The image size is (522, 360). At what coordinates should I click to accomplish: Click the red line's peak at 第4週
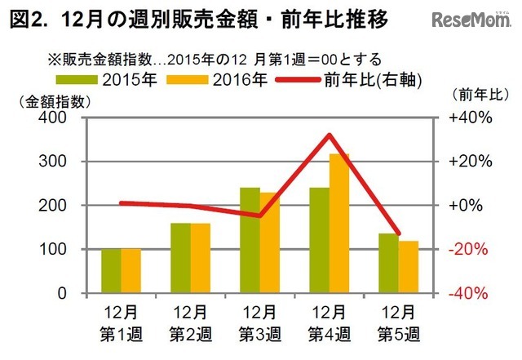[x=330, y=135]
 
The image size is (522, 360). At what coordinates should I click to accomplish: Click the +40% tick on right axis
[x=471, y=118]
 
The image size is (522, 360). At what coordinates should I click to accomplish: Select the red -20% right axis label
[x=471, y=249]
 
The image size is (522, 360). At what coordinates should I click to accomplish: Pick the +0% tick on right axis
[x=471, y=206]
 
